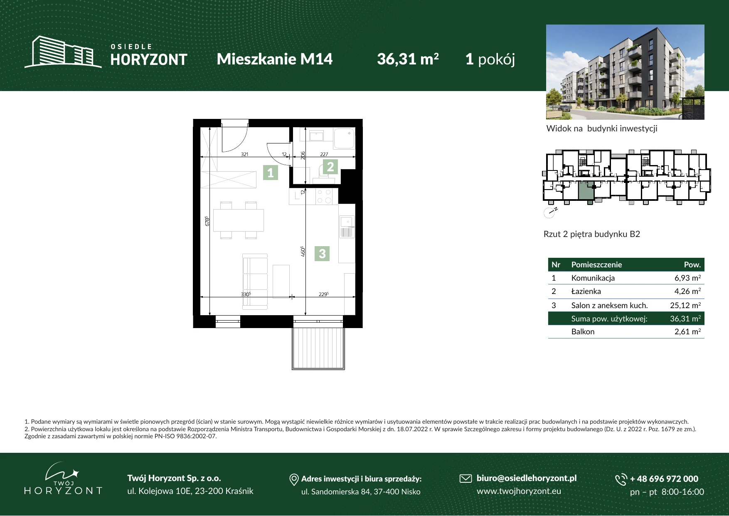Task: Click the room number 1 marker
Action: [271, 172]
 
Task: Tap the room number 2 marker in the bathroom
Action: [330, 167]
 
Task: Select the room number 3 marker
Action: [322, 254]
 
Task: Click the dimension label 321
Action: [244, 154]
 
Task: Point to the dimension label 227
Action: [324, 154]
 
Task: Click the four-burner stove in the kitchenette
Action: [324, 196]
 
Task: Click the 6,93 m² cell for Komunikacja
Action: [687, 278]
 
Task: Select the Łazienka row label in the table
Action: [586, 291]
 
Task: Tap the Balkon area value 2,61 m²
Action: [687, 331]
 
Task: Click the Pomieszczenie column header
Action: [596, 264]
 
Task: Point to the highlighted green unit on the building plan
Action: [586, 191]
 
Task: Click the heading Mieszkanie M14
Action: [275, 59]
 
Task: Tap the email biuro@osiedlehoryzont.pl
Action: [527, 478]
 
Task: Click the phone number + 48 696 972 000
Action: [664, 479]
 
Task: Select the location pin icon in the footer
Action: [294, 480]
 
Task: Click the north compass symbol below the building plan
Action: [549, 212]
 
